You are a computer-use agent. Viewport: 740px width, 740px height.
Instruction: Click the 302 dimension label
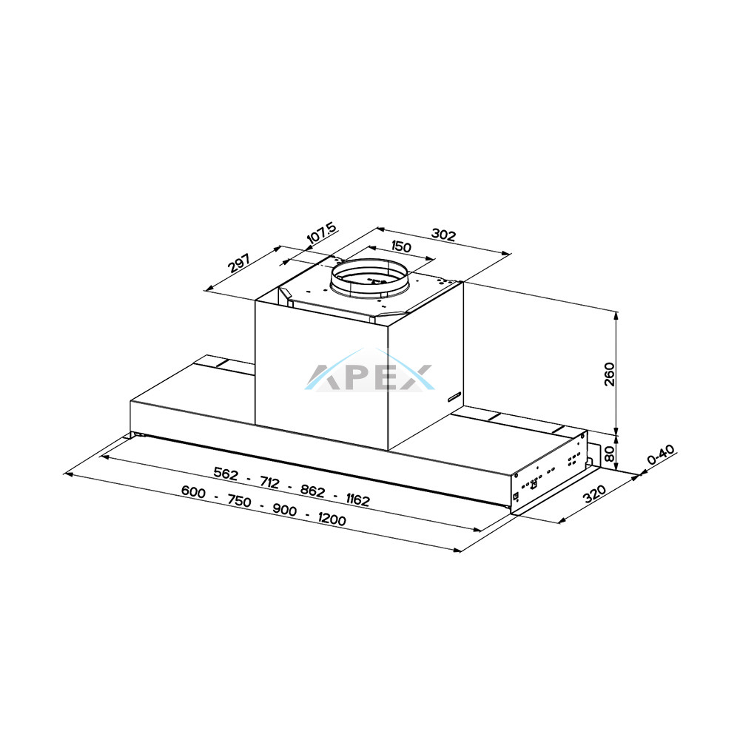click(443, 235)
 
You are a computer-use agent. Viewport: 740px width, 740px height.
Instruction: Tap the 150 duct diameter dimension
click(401, 247)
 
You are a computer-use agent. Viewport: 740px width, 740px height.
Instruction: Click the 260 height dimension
click(610, 374)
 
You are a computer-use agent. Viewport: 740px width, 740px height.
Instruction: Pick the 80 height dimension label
click(609, 454)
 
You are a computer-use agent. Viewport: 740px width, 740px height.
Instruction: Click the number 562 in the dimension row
click(226, 474)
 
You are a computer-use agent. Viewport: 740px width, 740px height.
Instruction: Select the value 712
click(269, 482)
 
